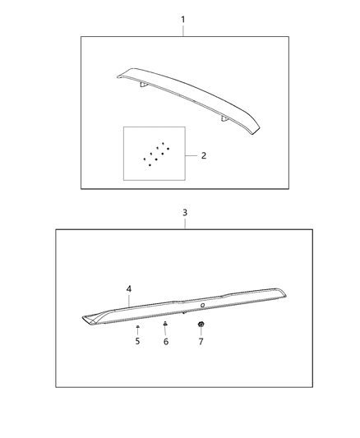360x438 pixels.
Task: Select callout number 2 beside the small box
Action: tap(203, 155)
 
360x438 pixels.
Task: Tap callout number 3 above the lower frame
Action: tap(185, 212)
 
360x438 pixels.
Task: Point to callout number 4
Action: tap(129, 288)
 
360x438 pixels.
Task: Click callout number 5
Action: tap(137, 341)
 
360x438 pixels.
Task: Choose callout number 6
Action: tap(165, 341)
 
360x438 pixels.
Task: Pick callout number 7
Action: tap(201, 341)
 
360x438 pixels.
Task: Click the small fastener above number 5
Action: tap(137, 327)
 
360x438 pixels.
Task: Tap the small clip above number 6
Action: tap(165, 325)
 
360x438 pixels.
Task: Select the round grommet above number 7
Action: tap(201, 325)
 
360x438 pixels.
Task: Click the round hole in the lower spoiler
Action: tap(202, 305)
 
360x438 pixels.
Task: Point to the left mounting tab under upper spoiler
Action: tap(143, 84)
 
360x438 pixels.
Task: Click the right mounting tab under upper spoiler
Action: tap(224, 118)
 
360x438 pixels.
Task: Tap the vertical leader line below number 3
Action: tap(185, 224)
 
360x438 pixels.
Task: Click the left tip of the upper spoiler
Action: tap(120, 76)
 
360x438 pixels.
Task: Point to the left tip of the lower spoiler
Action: tap(85, 316)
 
